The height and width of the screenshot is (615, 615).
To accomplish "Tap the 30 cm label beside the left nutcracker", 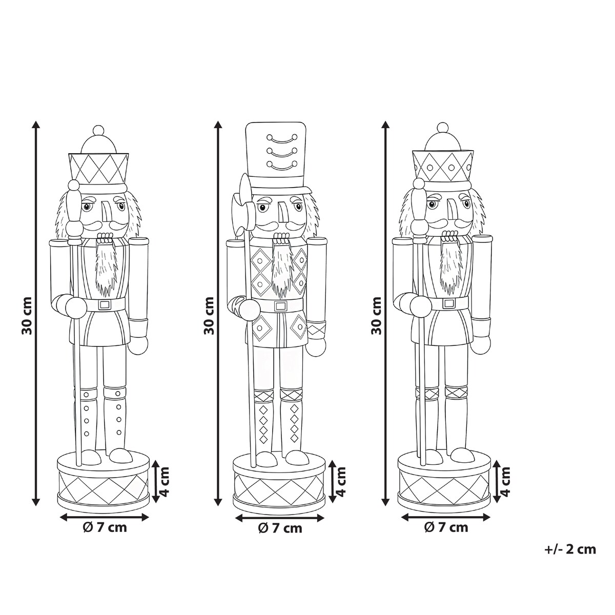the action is click(27, 316).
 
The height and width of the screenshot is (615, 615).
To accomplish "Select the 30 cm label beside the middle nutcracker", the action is click(209, 316).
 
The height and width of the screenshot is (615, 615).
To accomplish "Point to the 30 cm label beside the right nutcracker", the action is click(377, 316).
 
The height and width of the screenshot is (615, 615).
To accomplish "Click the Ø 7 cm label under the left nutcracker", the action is click(105, 527).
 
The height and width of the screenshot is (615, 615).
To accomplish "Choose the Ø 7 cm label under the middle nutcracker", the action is click(280, 528).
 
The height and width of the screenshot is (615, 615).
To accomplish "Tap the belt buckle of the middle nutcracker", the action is click(280, 305).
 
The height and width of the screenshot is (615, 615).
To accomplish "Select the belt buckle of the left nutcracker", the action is click(105, 304).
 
